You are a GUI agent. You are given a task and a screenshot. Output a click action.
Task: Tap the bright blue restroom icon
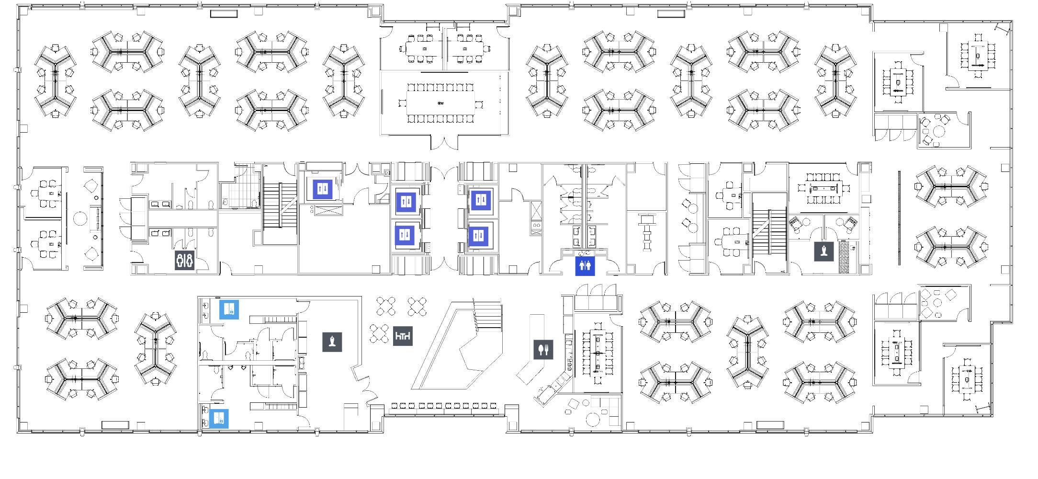(585, 266)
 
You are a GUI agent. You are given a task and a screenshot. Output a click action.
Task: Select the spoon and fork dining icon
(543, 350)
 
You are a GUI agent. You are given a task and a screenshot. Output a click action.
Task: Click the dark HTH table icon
(403, 337)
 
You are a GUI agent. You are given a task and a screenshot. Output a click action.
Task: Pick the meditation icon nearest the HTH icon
(332, 342)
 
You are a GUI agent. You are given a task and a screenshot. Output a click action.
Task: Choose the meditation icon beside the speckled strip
(824, 251)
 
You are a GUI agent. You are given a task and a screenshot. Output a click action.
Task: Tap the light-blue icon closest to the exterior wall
(219, 419)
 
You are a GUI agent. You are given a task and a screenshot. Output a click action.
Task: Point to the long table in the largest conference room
(440, 103)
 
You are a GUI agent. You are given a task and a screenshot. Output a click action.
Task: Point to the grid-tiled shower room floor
(242, 196)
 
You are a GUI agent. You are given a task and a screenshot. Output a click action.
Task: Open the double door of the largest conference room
(444, 142)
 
